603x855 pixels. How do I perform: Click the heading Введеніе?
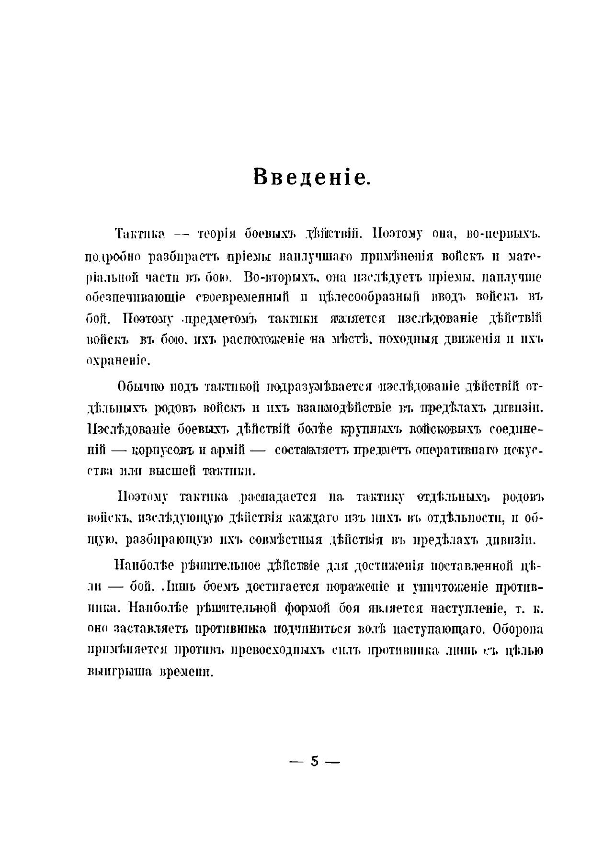pyautogui.click(x=311, y=177)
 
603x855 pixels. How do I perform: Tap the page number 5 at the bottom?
pyautogui.click(x=315, y=762)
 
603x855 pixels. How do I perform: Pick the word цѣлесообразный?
pyautogui.click(x=368, y=298)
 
